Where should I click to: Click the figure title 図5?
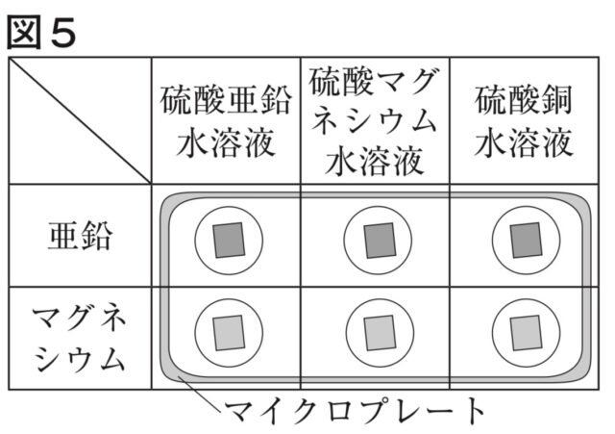click(x=41, y=29)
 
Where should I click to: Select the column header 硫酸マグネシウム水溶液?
click(x=376, y=120)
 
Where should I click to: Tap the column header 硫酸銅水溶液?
click(x=525, y=120)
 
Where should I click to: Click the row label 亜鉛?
click(x=80, y=237)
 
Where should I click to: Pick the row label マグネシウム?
click(x=80, y=337)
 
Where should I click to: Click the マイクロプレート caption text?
click(x=356, y=412)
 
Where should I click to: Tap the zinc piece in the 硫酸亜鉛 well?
click(x=228, y=238)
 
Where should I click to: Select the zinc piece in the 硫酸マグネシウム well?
click(x=377, y=238)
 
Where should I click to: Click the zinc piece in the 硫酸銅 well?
click(x=525, y=238)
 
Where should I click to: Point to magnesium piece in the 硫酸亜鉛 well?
click(x=228, y=332)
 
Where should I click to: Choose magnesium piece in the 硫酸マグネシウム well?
click(x=377, y=332)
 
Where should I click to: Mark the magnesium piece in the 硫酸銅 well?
click(x=525, y=332)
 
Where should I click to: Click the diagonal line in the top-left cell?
click(x=81, y=120)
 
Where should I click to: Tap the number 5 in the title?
click(x=61, y=29)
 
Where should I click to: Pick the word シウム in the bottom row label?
click(x=80, y=358)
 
